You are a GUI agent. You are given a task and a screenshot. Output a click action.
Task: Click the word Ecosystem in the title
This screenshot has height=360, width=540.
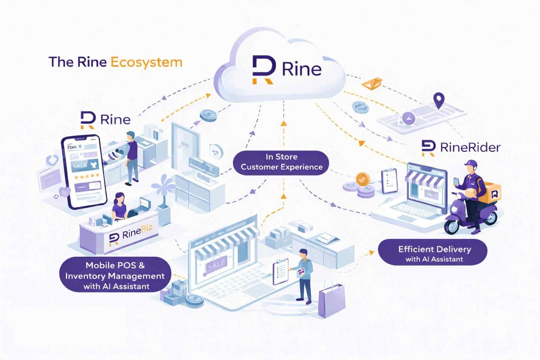point(147,62)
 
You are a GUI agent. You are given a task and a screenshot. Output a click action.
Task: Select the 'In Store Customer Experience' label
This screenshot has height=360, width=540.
point(281,162)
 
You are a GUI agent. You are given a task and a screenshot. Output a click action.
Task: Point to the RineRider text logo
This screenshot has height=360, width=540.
point(460,147)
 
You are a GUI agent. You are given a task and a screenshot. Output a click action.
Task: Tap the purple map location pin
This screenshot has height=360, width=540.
point(440,100)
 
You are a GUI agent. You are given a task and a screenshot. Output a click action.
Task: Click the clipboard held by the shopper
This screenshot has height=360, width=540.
point(280,271)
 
